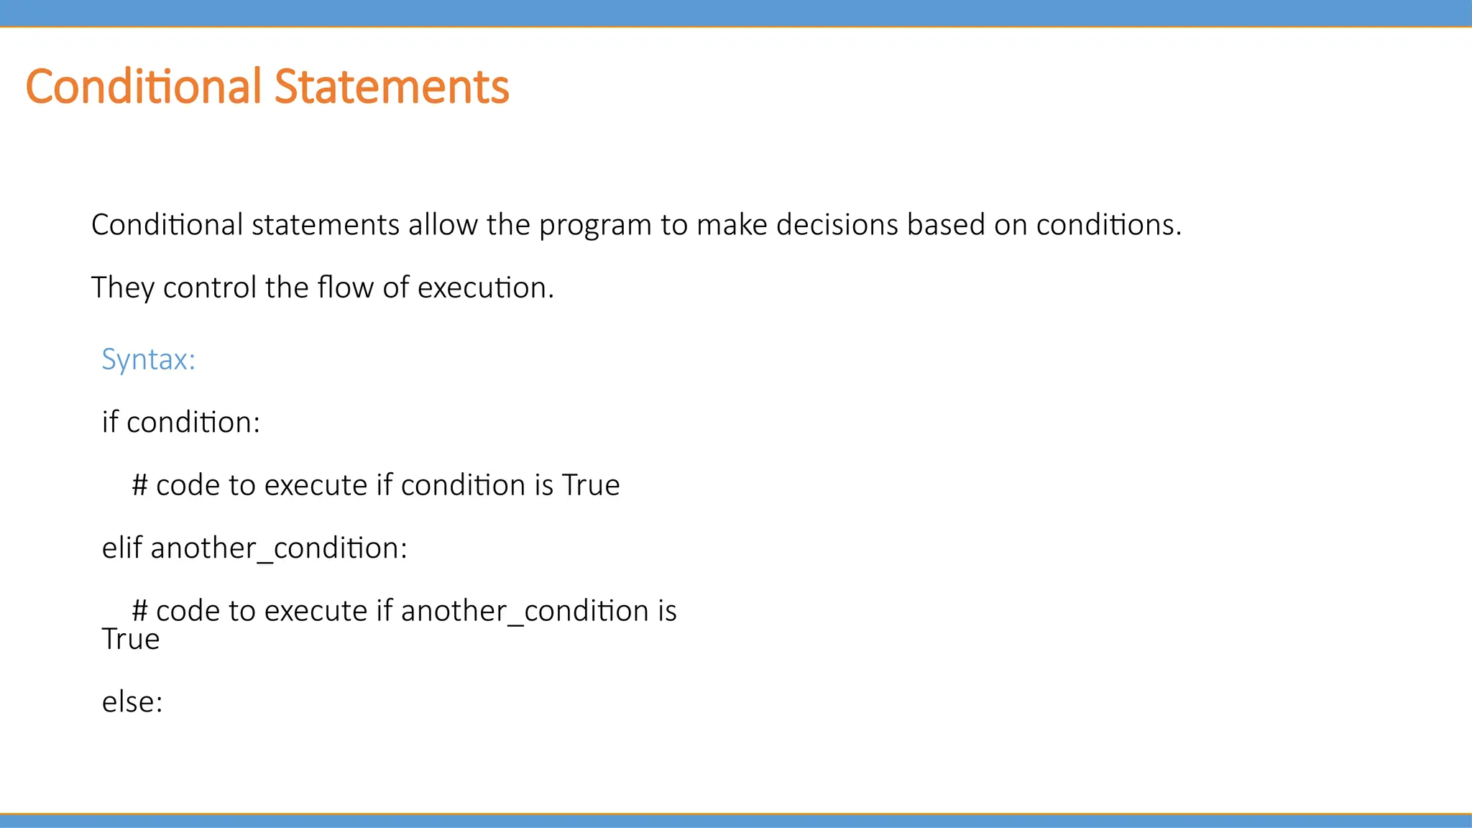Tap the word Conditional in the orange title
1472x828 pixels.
point(143,87)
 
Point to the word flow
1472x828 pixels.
point(346,288)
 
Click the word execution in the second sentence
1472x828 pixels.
point(485,288)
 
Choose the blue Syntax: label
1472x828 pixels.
point(148,359)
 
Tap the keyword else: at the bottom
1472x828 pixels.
point(132,702)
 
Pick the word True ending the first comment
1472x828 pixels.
point(591,486)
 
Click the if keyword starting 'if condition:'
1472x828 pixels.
point(109,423)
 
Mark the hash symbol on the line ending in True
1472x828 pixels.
point(139,486)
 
